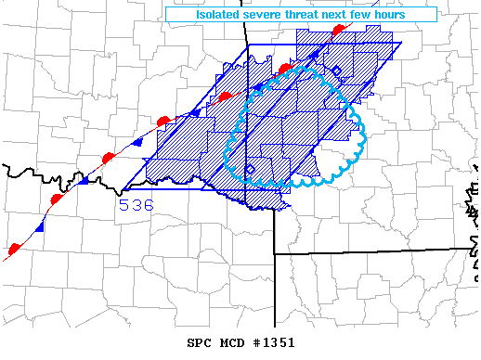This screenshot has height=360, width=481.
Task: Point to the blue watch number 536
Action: [x=136, y=205]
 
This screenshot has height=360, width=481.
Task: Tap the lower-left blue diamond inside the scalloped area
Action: [x=250, y=168]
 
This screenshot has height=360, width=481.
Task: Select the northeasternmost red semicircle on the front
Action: [x=339, y=32]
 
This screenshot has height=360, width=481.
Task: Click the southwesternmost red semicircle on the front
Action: [x=14, y=249]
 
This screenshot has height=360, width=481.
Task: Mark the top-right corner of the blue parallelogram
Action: [x=402, y=43]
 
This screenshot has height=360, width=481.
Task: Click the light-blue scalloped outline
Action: [x=364, y=139]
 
